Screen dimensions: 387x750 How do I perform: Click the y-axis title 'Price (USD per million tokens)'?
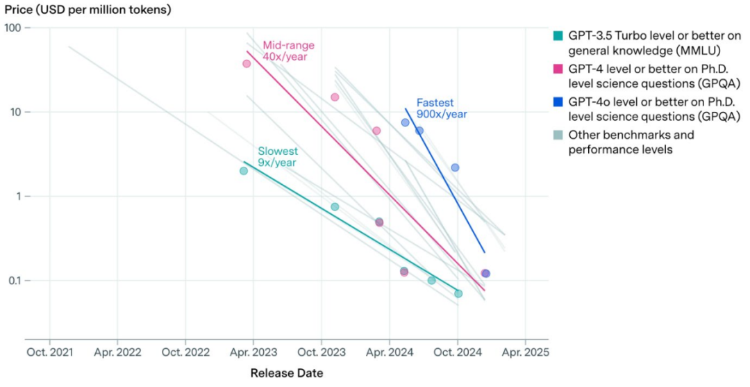[87, 10]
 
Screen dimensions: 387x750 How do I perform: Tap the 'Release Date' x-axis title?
[286, 373]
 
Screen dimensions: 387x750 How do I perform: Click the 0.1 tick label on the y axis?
[15, 281]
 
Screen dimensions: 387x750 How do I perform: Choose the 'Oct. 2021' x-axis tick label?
[49, 352]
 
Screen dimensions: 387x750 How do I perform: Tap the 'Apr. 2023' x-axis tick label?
[253, 352]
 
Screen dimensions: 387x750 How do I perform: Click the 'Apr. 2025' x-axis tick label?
[525, 352]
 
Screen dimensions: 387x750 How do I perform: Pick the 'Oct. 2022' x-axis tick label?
[185, 352]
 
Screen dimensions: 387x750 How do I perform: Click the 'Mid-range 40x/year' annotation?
[288, 51]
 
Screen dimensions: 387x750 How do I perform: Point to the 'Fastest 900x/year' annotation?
[442, 108]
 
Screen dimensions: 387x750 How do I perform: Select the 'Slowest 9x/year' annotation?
[278, 156]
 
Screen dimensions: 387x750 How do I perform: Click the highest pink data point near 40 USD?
[247, 63]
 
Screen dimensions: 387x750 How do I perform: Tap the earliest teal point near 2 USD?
[244, 171]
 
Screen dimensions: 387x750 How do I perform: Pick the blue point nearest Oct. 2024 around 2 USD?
[455, 167]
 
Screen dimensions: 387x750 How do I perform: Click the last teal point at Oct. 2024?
[458, 293]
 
